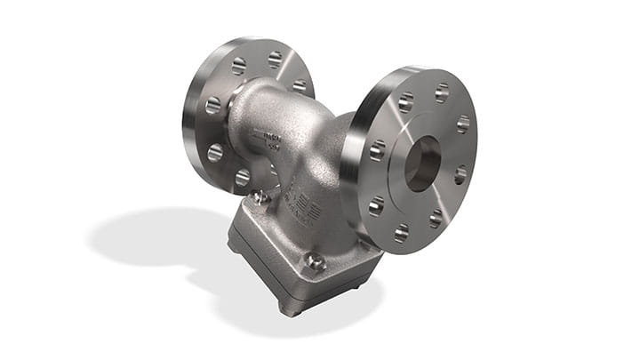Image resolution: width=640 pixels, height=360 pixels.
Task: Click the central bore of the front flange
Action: [x=422, y=164]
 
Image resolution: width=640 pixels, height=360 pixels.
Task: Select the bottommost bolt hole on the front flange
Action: [x=402, y=233]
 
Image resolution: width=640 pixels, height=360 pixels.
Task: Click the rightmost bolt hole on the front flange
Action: [x=463, y=124]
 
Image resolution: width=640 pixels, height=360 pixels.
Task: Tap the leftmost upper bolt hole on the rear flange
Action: [x=238, y=66]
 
